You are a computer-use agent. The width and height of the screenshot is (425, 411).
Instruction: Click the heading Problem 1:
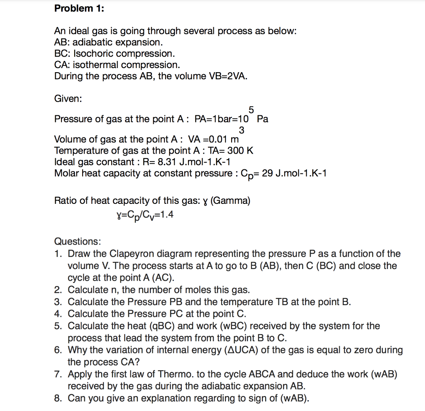[x=79, y=9]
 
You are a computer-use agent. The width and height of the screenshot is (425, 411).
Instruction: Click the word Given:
[x=68, y=99]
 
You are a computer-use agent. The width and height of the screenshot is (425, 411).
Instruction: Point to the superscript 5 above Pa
[x=251, y=110]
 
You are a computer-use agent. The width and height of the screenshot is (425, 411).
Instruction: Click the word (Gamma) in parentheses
[x=230, y=201]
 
